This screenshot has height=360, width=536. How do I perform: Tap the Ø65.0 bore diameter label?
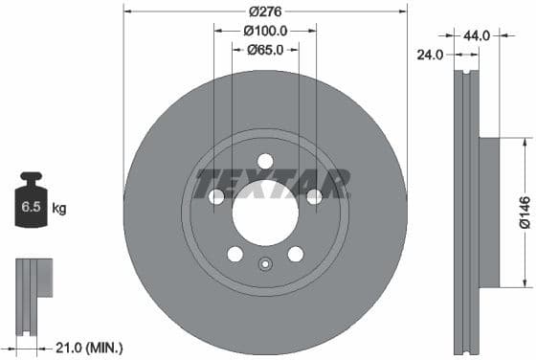click(265, 51)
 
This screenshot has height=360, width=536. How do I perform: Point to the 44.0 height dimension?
click(477, 35)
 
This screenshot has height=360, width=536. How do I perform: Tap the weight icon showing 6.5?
click(33, 201)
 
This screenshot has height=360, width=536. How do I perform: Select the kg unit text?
click(59, 208)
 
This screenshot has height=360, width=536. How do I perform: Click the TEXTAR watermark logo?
click(273, 181)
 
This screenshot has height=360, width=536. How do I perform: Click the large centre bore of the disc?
click(265, 210)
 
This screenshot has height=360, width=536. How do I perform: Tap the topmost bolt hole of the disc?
click(265, 161)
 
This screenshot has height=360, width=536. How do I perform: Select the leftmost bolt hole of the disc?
click(217, 196)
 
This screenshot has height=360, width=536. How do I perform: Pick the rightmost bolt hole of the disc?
click(314, 196)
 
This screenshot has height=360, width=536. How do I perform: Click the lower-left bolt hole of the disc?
click(235, 254)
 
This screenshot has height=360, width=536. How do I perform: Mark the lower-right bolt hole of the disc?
click(295, 254)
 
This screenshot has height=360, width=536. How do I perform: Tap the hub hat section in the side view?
click(488, 212)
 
